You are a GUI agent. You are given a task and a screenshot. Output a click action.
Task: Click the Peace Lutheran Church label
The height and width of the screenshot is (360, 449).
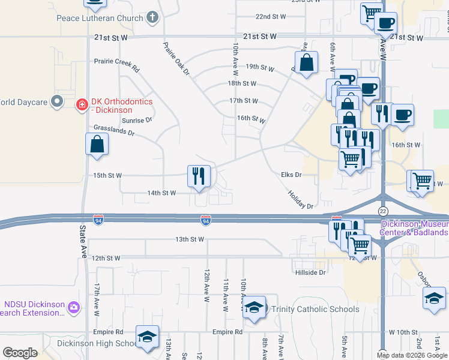coord(100,18)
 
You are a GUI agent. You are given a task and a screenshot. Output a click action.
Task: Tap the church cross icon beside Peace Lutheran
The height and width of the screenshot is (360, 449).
coord(153,17)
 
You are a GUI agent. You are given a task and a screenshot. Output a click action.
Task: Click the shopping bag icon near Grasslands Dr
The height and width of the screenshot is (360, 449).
coord(97,145)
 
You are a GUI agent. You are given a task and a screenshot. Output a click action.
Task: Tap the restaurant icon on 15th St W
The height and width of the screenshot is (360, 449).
coord(199,176)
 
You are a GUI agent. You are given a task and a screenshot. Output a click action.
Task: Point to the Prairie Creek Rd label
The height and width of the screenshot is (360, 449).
coord(116,61)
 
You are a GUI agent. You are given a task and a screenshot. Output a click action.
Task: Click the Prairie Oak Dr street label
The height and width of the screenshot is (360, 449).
coord(176,59)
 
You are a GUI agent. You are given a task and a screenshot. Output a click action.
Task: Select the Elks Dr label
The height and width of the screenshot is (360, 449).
coord(291,175)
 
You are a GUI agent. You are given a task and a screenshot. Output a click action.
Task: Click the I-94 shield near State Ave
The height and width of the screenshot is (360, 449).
coord(98,222)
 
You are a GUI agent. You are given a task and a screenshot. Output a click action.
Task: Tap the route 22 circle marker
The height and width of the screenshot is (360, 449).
coord(383,211)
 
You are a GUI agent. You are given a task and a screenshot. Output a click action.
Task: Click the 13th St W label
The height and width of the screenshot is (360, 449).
coord(190,239)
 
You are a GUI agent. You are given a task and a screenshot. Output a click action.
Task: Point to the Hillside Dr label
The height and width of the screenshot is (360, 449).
coord(310,272)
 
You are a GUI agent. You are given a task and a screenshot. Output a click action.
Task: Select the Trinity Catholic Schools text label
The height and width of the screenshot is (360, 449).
coord(315,310)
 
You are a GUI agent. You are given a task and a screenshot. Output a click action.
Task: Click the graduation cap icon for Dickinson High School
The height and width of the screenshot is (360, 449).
coord(146,337)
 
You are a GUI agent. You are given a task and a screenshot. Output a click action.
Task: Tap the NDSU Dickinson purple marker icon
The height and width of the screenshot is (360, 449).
coord(74,307)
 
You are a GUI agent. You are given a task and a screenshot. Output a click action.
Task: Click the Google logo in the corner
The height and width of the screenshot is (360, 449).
coord(20,353)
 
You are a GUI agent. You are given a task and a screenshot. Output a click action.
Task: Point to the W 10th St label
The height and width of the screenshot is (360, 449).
coord(403,332)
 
